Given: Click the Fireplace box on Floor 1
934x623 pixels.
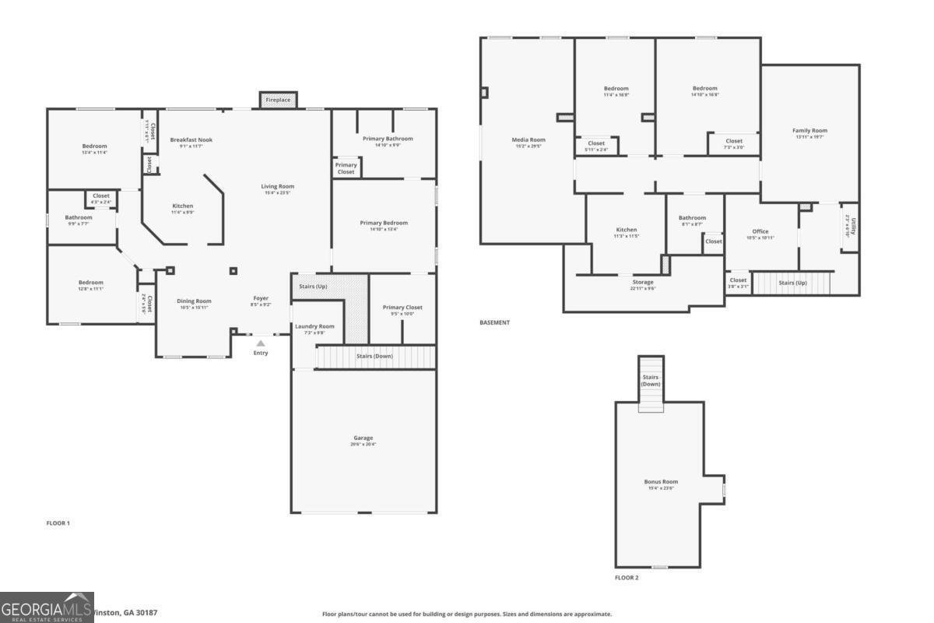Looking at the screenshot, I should (278, 100).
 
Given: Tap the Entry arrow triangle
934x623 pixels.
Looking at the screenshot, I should (261, 343).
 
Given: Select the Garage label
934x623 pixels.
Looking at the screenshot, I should (363, 438).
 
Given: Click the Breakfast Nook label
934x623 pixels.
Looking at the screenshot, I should (191, 140).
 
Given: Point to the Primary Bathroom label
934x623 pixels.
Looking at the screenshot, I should (388, 139).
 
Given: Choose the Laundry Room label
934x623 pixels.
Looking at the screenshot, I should (314, 326).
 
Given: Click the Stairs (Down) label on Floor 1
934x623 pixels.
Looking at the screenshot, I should (374, 356).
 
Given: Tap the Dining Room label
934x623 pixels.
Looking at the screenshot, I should (194, 301).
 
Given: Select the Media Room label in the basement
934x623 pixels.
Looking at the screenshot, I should (528, 140).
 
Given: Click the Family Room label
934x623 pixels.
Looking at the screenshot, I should (809, 131).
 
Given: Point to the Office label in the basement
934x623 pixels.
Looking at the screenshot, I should (760, 231).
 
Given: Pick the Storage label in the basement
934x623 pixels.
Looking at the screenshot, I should (643, 282).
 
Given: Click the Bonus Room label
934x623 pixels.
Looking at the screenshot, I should (661, 482).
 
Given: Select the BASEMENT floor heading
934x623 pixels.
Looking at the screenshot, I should (495, 322).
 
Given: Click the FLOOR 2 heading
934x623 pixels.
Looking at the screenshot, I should (627, 578).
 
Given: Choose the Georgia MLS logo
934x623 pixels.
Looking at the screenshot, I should (47, 607).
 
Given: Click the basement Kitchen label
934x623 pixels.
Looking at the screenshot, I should (627, 230).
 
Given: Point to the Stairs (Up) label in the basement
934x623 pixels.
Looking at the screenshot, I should (792, 283).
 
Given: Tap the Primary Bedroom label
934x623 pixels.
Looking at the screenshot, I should (384, 223).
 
